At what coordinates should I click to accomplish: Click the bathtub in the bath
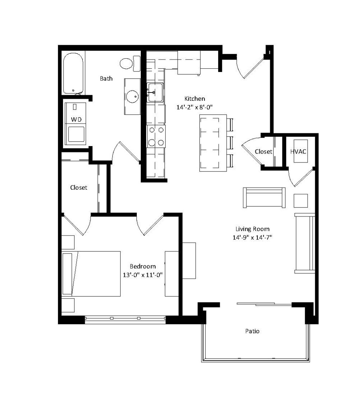click(x=73, y=73)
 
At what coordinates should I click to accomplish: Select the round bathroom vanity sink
click(x=132, y=96)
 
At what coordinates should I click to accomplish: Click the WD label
click(x=76, y=119)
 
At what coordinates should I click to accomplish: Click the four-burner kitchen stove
click(x=156, y=136)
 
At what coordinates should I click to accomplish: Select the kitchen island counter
click(x=213, y=143)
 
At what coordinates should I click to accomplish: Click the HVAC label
click(x=298, y=151)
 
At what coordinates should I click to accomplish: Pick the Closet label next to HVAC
click(x=263, y=152)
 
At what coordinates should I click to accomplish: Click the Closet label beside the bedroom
click(x=79, y=187)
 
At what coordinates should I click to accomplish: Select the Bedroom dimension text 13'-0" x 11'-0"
click(x=143, y=274)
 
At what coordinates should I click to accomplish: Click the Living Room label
click(x=252, y=229)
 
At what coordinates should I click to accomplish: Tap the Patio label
click(x=252, y=332)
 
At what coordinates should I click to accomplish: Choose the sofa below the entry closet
click(x=264, y=197)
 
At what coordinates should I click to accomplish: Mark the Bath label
click(x=106, y=79)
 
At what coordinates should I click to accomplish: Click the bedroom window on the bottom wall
click(x=125, y=319)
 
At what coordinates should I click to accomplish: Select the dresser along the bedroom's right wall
click(x=171, y=274)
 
